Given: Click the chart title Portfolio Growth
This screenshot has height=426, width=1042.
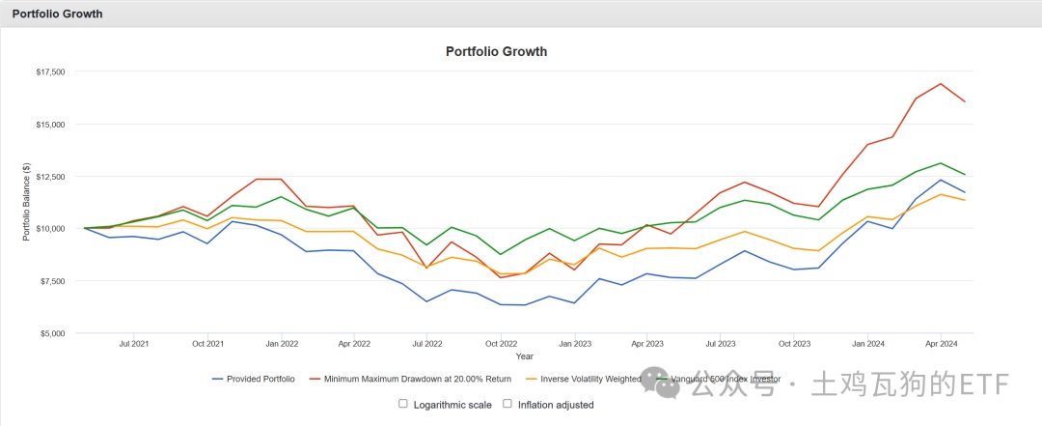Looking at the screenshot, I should coord(496,51).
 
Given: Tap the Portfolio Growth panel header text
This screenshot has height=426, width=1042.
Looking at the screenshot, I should coord(57,14).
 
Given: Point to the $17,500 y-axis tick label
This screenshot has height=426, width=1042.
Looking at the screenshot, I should coord(50,71).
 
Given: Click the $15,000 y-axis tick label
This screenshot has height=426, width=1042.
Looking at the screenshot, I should coord(50,125).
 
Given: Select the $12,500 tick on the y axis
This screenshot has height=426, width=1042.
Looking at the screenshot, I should coord(50,177).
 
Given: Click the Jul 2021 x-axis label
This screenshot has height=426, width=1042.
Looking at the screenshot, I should coord(133,343).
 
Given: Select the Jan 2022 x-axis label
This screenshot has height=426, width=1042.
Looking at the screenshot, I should coord(281,343).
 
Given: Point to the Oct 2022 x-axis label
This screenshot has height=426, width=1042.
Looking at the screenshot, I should coord(501,343).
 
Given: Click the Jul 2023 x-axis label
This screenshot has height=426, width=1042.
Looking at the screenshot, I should coord(721,343).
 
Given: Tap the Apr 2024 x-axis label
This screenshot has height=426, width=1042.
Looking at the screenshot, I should coord(941,343).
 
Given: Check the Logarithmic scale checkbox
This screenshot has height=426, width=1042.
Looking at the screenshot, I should coord(403,404).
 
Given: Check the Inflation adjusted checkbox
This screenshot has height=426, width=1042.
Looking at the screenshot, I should coord(507,404).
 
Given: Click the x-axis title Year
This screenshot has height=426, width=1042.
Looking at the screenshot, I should coord(525,357).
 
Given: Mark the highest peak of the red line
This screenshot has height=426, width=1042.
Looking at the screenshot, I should coord(941,83).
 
